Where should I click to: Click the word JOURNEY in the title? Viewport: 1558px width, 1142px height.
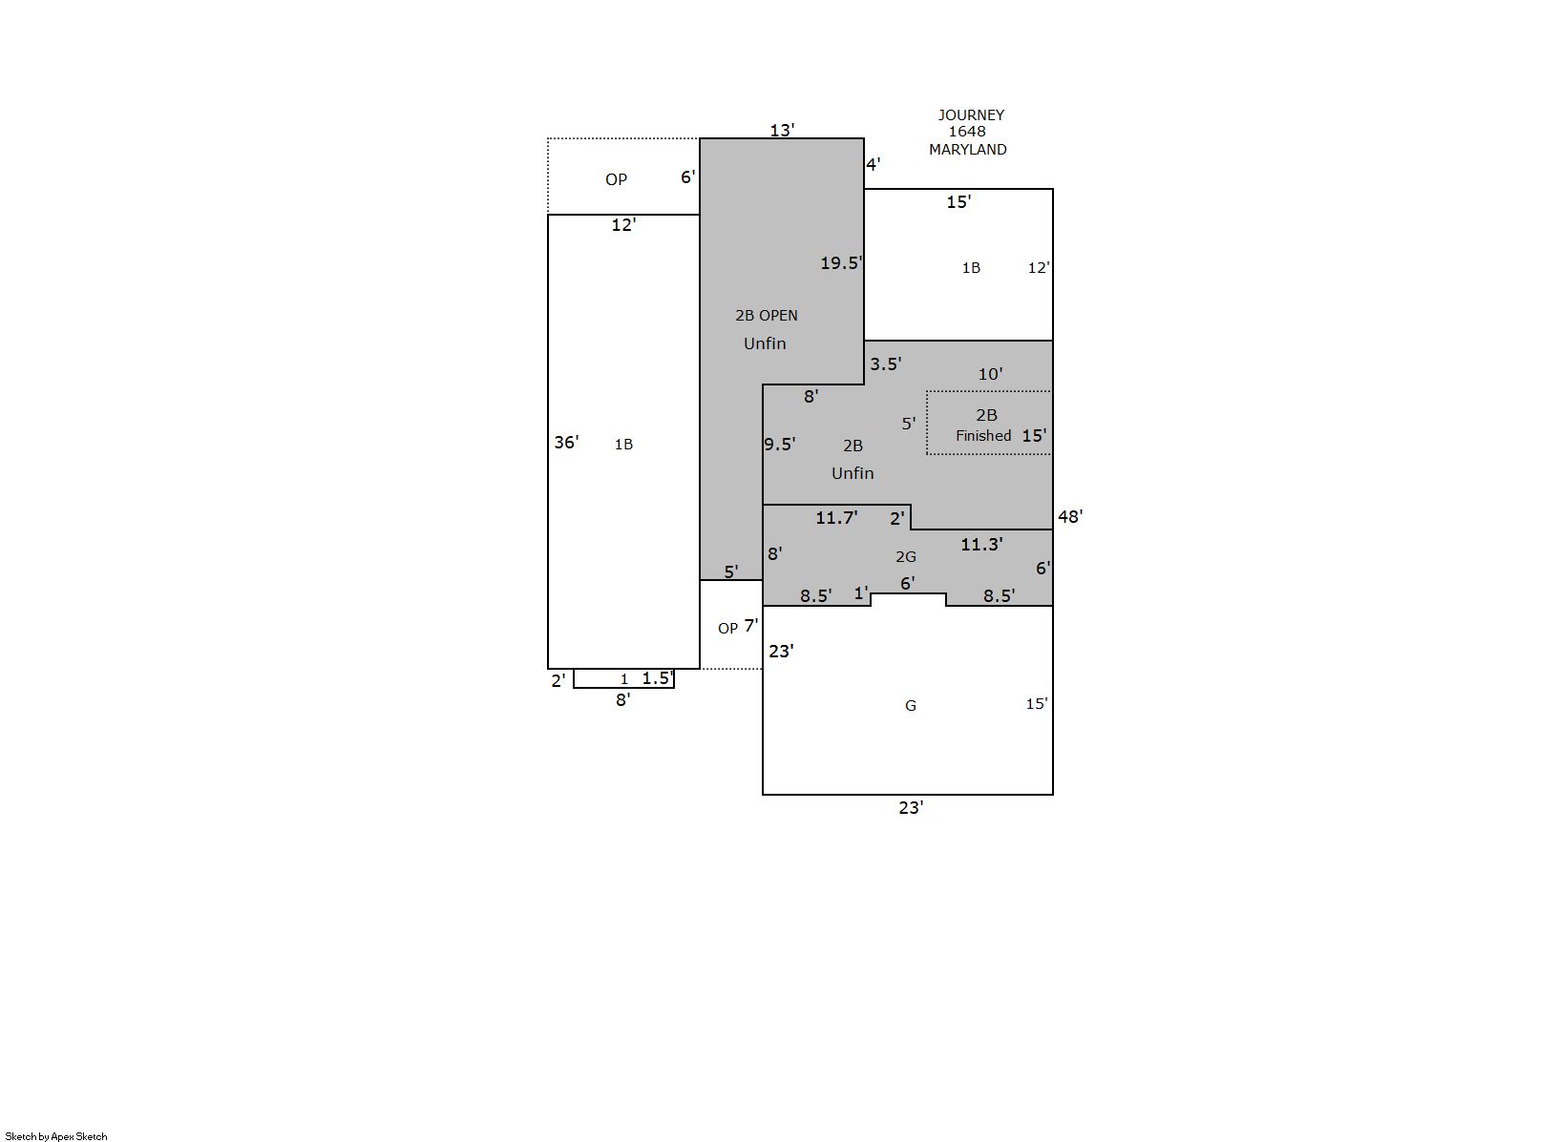[x=971, y=114]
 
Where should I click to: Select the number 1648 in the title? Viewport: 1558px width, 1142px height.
[x=967, y=132]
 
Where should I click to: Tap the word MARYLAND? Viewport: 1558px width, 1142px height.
[x=968, y=150]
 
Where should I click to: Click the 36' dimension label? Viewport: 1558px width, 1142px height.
[x=566, y=442]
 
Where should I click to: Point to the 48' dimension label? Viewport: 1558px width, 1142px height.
[x=1070, y=516]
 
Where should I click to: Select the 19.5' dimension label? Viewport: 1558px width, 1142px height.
[x=842, y=262]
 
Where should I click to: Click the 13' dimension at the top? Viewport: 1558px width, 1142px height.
[x=783, y=130]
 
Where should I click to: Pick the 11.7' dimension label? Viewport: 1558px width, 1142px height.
[x=836, y=517]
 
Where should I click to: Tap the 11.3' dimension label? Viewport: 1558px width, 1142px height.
[x=982, y=544]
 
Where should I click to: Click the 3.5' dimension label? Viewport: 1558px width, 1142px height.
[x=886, y=363]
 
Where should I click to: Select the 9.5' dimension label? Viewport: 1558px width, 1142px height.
[x=780, y=445]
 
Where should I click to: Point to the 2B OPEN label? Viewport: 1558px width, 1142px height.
[x=767, y=316]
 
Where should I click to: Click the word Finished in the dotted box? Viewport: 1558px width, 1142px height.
[x=983, y=436]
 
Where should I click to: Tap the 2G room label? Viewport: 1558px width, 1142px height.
[x=906, y=557]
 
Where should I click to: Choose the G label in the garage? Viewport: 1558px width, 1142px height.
[x=911, y=706]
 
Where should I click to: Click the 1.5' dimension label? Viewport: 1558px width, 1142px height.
[x=658, y=677]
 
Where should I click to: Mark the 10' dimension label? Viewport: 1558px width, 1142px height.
[x=990, y=374]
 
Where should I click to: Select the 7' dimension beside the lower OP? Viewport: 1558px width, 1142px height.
[x=751, y=626]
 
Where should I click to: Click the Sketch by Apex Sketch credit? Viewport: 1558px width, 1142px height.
[x=56, y=1136]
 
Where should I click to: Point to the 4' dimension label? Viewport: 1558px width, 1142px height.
[x=874, y=164]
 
